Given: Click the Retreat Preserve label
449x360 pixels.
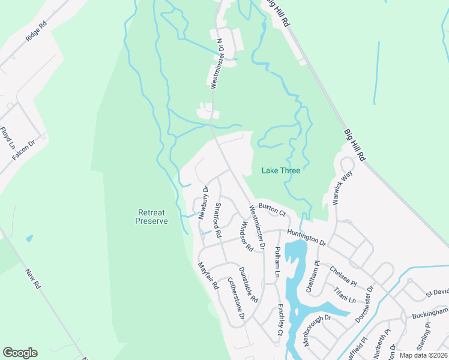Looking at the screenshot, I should [151, 217].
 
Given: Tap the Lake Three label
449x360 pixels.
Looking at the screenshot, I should [280, 170].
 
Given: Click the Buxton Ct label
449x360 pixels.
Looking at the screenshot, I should [271, 209].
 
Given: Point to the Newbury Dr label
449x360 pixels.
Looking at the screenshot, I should [203, 202].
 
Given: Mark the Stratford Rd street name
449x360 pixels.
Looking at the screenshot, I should [218, 219].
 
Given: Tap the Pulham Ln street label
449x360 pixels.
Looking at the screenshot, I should [277, 261].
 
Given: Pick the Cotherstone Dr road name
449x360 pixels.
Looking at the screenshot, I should [235, 298].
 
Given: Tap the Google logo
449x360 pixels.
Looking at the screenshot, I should [20, 353].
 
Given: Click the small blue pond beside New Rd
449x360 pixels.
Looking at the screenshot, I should [29, 238].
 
